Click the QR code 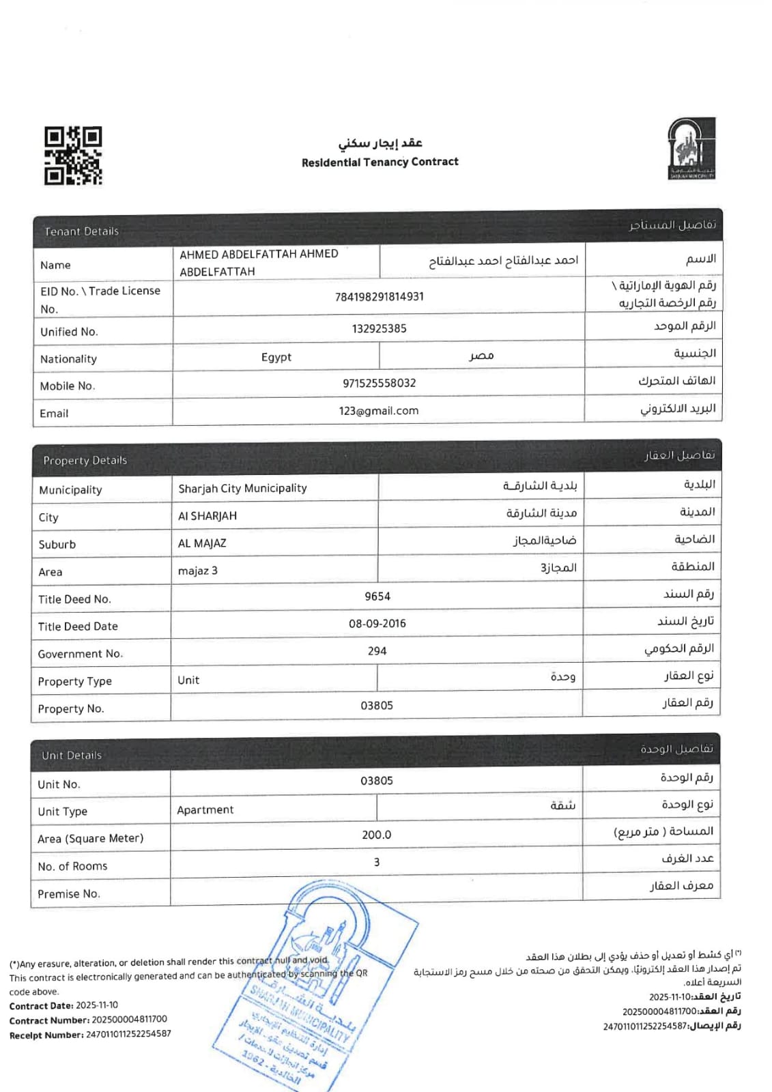click(x=73, y=156)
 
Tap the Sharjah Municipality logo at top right click(x=691, y=149)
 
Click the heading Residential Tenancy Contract click(x=380, y=162)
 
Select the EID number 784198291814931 click(x=379, y=297)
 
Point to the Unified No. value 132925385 click(x=379, y=329)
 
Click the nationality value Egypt click(x=276, y=358)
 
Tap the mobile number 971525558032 click(x=379, y=384)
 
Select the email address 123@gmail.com click(x=379, y=411)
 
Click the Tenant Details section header click(x=81, y=231)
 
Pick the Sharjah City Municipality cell click(x=242, y=489)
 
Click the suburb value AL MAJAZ click(x=202, y=543)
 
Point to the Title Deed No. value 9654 click(x=377, y=597)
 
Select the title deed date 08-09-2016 click(x=377, y=624)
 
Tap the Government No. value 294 click(x=377, y=651)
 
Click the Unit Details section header click(x=72, y=756)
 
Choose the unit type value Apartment click(x=205, y=810)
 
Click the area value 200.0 click(x=377, y=835)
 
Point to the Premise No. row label click(x=69, y=894)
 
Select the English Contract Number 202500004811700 click(x=129, y=1020)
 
